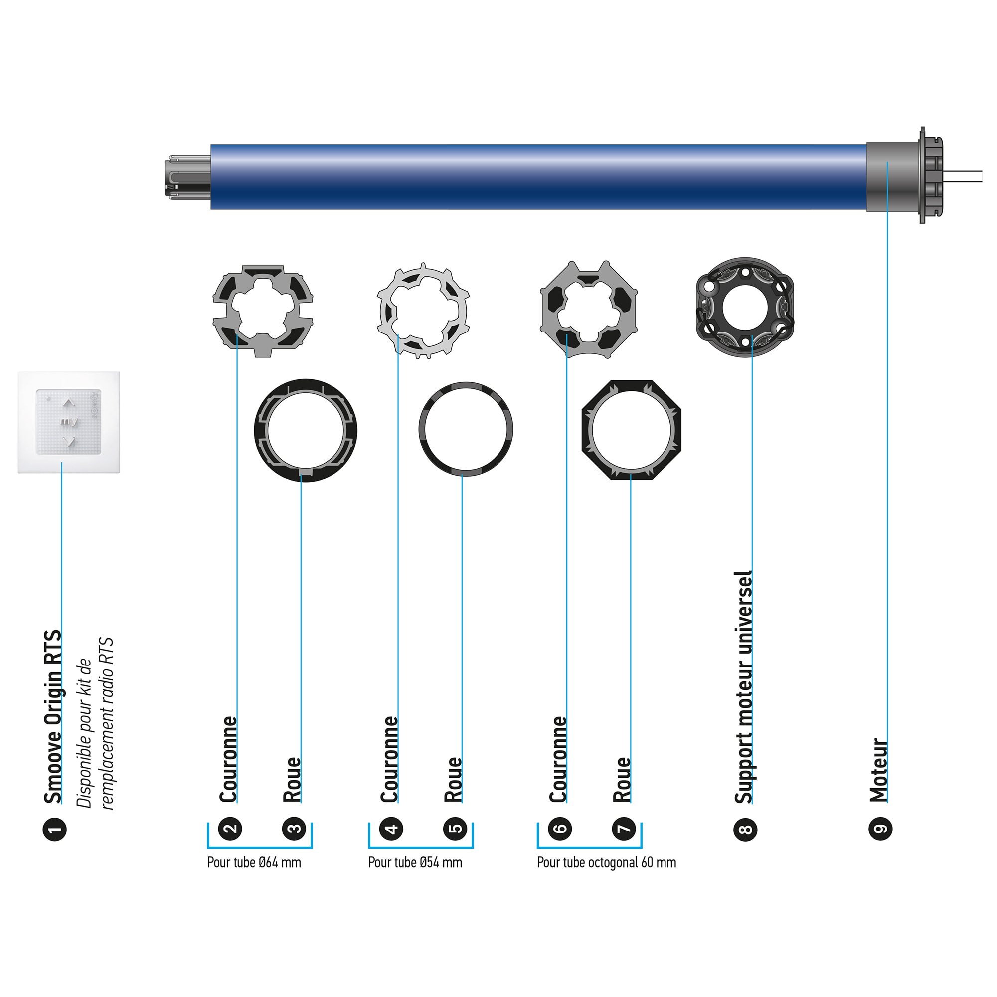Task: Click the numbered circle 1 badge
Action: pos(54,830)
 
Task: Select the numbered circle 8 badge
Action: pos(745,830)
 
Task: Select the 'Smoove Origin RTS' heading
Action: pos(53,717)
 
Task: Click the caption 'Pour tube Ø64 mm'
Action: pos(254,863)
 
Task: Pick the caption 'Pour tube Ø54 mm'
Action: pos(415,863)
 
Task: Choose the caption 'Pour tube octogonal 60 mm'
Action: pos(606,863)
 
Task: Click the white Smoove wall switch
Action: pos(69,422)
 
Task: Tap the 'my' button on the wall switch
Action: pos(69,422)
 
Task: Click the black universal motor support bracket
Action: pos(745,308)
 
